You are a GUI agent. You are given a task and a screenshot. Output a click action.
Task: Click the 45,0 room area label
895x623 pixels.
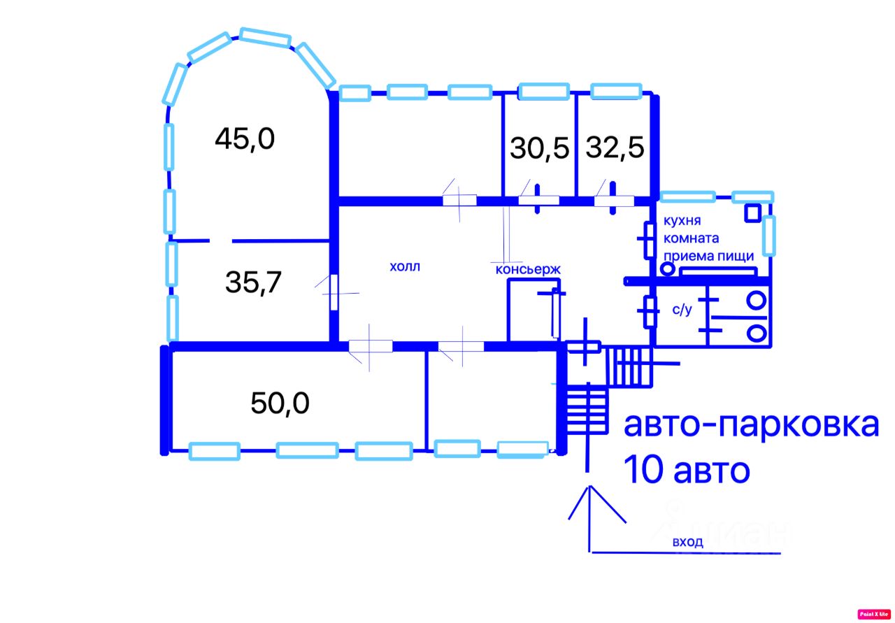pos(245,139)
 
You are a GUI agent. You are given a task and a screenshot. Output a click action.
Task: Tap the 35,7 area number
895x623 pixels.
pos(253,282)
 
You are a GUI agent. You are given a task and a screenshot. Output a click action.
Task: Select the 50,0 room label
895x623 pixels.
pos(280,403)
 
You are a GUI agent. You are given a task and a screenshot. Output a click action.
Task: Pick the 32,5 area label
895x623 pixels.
pos(615,148)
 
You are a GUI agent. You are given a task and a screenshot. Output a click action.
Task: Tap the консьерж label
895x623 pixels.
pos(528,269)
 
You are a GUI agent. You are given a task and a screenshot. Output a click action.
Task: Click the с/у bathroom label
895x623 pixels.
pos(682,310)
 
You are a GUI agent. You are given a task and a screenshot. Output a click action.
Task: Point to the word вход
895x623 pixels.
pos(688,541)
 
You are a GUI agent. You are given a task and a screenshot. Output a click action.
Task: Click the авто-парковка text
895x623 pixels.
pos(751,424)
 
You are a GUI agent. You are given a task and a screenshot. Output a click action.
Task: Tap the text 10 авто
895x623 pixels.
pos(686,471)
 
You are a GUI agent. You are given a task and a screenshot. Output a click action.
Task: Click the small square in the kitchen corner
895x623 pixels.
pos(753,213)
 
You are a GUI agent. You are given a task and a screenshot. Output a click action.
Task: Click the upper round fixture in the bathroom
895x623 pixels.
pos(756,301)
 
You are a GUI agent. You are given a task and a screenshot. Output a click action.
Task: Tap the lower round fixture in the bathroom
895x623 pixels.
pos(756,331)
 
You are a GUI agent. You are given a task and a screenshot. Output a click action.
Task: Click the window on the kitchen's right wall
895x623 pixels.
pos(768,235)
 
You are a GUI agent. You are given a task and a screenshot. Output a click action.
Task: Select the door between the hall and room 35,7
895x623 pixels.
pos(334,292)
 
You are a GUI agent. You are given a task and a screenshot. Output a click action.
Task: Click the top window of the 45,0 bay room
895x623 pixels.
pos(265,37)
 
